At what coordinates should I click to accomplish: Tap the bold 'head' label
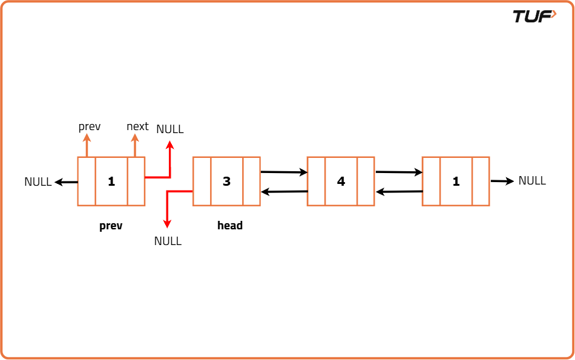tap(230, 226)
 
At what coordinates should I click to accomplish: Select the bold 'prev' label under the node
tap(111, 226)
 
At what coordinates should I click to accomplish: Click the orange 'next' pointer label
tap(137, 126)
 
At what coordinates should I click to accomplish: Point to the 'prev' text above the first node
tap(90, 126)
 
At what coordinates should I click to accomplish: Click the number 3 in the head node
tap(226, 181)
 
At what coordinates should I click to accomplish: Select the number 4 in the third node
tap(341, 181)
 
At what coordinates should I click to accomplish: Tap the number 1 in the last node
tap(456, 181)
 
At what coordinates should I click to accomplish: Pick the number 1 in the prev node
tap(111, 181)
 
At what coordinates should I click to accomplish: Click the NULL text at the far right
tap(532, 180)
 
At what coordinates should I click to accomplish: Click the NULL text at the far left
tap(38, 182)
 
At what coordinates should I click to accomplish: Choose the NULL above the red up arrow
tap(169, 129)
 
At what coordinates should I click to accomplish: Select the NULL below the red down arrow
tap(168, 241)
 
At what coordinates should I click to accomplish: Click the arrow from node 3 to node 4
tap(284, 172)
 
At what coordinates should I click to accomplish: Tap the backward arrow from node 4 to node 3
tap(284, 192)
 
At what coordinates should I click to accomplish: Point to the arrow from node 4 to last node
tap(399, 172)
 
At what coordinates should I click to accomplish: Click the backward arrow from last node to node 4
tap(399, 192)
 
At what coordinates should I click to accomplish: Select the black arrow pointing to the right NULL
tap(502, 180)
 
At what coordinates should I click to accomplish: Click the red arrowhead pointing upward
tap(170, 145)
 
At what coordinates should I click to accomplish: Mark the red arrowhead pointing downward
tap(168, 224)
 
